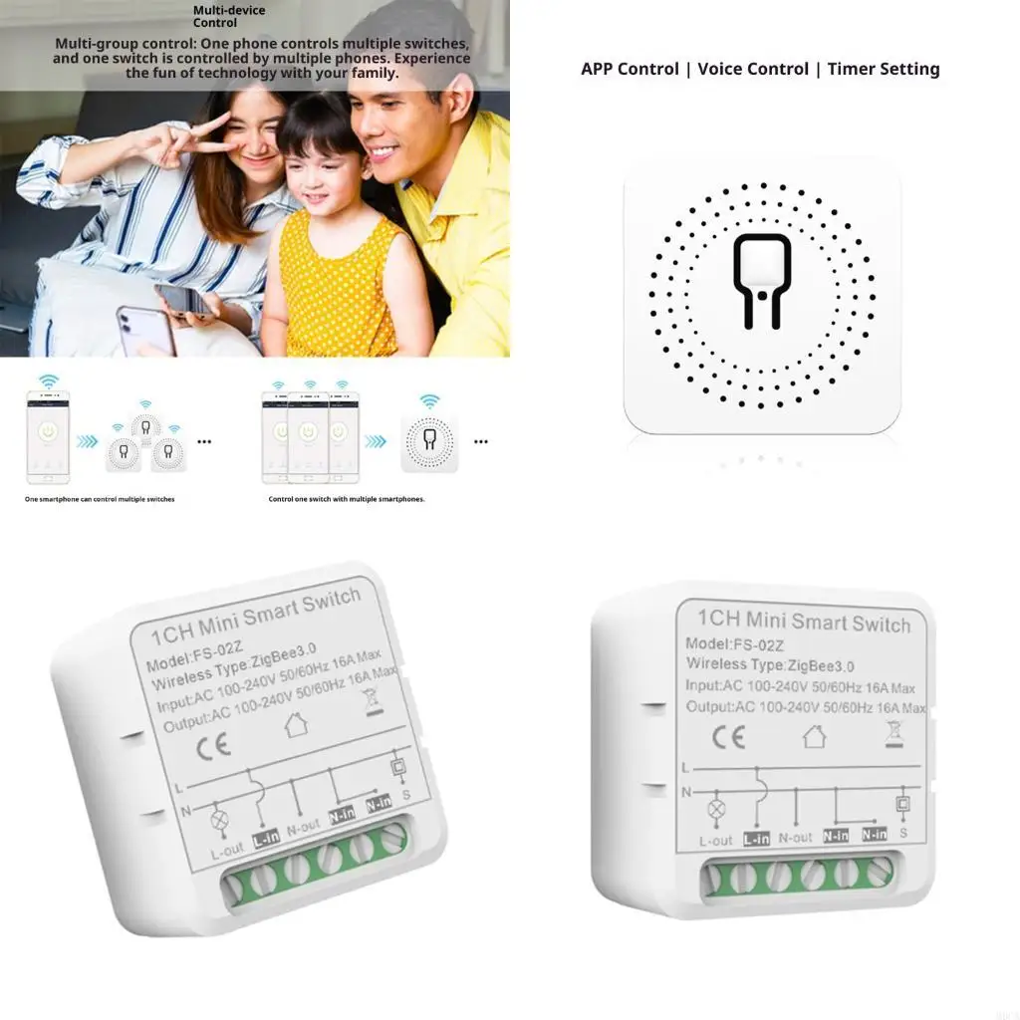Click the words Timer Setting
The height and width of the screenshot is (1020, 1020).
point(884,69)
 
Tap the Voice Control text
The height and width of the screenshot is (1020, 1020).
point(753,69)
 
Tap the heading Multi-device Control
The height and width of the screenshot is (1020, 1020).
point(215,16)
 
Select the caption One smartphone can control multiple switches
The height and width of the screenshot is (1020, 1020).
point(100,499)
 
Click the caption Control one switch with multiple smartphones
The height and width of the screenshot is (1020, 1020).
point(347,499)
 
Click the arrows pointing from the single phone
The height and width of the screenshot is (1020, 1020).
point(88,441)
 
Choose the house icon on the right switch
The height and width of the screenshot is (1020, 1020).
point(814,736)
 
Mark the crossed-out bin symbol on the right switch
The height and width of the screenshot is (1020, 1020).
point(892,734)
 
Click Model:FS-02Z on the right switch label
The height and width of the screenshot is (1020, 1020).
point(726,643)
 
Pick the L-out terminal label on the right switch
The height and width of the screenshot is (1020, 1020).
point(715,841)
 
